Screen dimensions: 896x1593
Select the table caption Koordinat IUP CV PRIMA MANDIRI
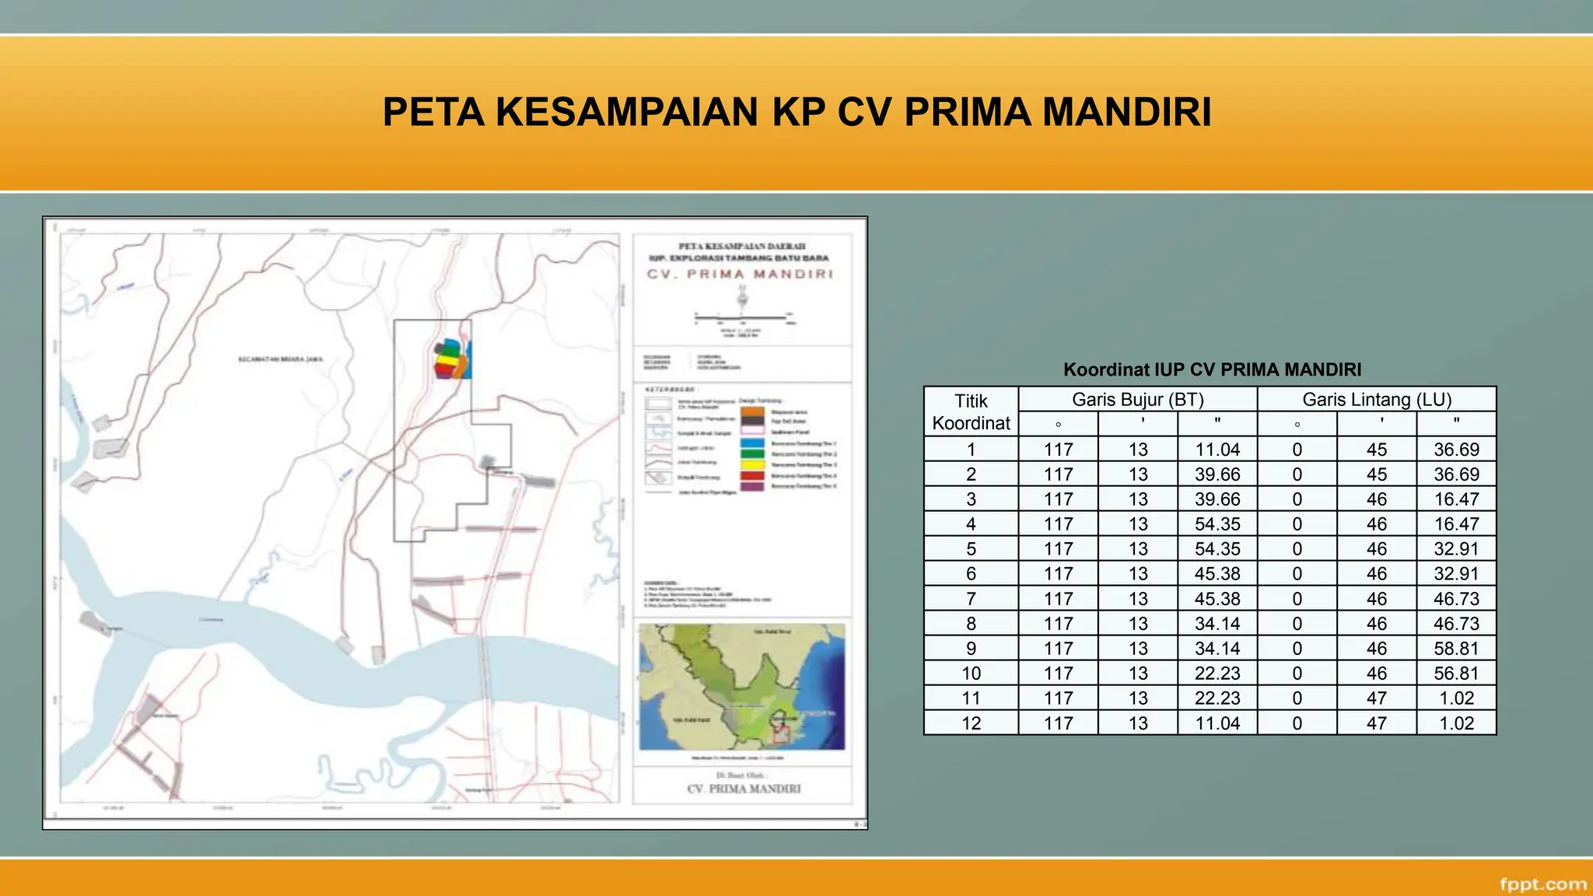pyautogui.click(x=1212, y=369)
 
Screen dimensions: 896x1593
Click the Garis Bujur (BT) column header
pyautogui.click(x=1137, y=400)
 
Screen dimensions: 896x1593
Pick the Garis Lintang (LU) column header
pyautogui.click(x=1377, y=400)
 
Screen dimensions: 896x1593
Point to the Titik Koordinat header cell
pyautogui.click(x=971, y=411)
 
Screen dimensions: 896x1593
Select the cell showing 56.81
pyautogui.click(x=1456, y=674)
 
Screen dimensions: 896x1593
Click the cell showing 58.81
pyautogui.click(x=1456, y=649)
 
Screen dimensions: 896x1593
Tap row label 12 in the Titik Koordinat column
pyautogui.click(x=971, y=723)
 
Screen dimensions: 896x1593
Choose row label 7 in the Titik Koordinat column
pyautogui.click(x=971, y=599)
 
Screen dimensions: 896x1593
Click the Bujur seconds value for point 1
pyautogui.click(x=1217, y=450)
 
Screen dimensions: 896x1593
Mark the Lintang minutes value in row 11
pyautogui.click(x=1376, y=698)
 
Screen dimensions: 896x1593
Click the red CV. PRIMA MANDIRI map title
pyautogui.click(x=740, y=275)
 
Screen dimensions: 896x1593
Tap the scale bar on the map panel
pyautogui.click(x=744, y=317)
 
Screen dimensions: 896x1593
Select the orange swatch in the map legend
pyautogui.click(x=752, y=411)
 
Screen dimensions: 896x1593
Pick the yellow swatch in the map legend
pyautogui.click(x=752, y=464)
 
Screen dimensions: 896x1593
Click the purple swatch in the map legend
pyautogui.click(x=752, y=486)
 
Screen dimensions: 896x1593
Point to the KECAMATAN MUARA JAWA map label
pyautogui.click(x=280, y=359)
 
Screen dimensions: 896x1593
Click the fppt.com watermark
pyautogui.click(x=1542, y=884)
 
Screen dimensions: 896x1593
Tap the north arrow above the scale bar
pyautogui.click(x=743, y=297)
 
